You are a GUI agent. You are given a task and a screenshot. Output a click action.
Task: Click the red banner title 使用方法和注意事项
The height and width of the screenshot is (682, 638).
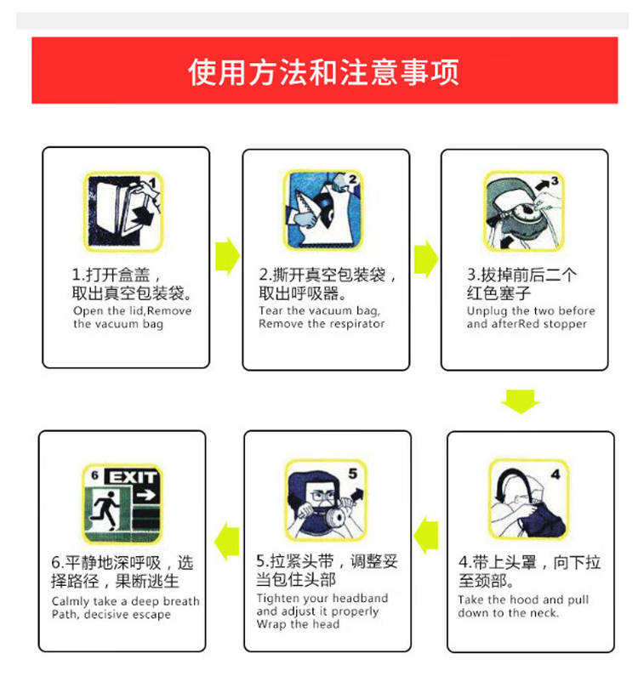pos(323,71)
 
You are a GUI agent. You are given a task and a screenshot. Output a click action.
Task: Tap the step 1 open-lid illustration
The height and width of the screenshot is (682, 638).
pos(123,212)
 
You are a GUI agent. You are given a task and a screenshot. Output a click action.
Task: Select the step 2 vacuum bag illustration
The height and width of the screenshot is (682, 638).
pos(323,210)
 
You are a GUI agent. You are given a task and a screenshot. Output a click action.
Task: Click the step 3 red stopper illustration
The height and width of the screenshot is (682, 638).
pos(524,211)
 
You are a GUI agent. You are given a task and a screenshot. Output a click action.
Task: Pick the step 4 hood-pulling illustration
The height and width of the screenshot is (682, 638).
pos(529,499)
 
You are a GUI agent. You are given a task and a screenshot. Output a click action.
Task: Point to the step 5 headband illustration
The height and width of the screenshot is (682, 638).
pos(326,500)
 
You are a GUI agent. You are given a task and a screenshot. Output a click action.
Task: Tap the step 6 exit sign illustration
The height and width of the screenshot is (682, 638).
pos(122,504)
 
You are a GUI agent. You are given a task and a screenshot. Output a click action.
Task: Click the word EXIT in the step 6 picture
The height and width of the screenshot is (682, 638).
pos(133,477)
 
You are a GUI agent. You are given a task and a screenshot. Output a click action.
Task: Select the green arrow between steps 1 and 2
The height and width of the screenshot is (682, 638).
pos(228,256)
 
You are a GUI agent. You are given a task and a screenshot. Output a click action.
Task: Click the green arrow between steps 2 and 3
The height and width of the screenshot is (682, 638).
pos(426,259)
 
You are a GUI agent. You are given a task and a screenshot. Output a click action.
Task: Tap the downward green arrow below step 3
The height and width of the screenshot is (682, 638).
pos(521,401)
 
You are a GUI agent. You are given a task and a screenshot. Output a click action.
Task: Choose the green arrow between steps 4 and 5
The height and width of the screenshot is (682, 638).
pos(425,535)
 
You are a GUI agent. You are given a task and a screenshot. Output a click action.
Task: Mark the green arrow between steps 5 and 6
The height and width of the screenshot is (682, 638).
pos(227,541)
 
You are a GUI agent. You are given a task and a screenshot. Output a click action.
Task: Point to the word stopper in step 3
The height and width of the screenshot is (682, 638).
pos(565,324)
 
